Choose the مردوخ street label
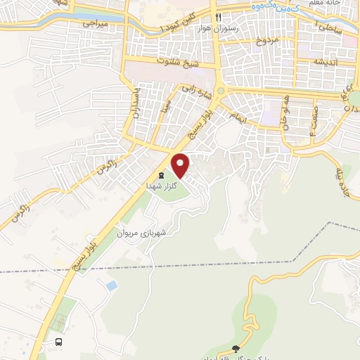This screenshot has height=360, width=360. [266, 41]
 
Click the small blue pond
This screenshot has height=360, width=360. [111, 285]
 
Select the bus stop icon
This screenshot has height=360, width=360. [59, 342]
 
